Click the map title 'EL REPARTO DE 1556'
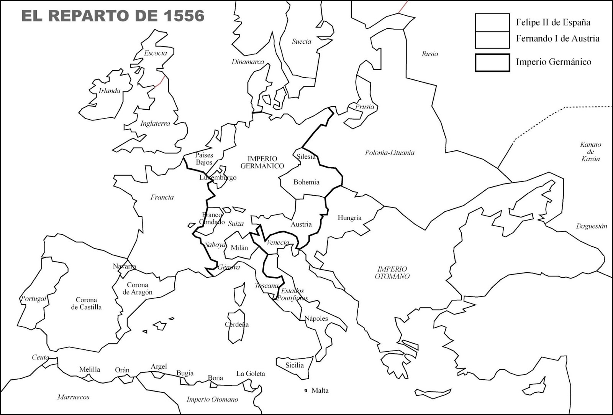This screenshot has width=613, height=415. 113,16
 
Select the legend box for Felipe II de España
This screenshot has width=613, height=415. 492,22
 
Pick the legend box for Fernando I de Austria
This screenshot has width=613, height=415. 492,40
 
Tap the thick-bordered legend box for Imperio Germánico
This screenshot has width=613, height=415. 492,63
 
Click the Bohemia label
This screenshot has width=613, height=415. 306,182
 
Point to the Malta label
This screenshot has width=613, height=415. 320,390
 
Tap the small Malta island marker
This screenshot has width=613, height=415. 305,390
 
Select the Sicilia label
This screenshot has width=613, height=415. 294,365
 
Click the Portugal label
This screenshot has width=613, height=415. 33,298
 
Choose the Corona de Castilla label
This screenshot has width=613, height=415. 86,303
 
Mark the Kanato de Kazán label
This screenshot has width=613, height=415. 590,152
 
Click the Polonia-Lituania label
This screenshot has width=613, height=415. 389,153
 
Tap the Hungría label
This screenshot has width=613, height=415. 349,217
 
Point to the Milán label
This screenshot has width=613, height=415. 239,248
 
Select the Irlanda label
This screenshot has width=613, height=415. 109,91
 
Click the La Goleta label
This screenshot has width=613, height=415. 250,373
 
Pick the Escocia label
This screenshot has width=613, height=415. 155,53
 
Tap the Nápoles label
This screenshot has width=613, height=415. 316,318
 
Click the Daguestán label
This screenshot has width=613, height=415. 591,226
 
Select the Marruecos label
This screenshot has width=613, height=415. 73,397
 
